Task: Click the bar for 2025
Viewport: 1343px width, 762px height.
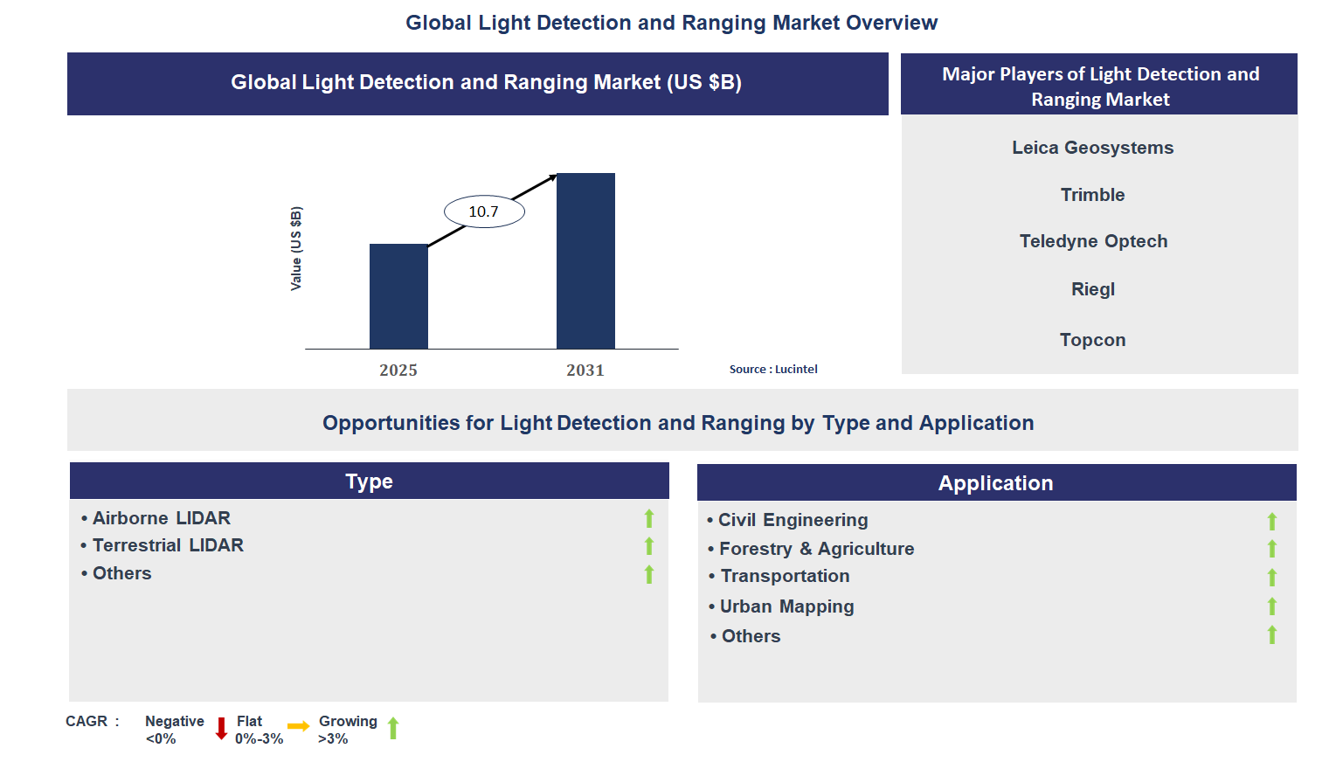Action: pyautogui.click(x=398, y=296)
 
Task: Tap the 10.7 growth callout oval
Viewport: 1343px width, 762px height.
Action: pyautogui.click(x=484, y=211)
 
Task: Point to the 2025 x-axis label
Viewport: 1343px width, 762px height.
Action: pyautogui.click(x=398, y=371)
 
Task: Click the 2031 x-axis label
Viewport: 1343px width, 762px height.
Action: pyautogui.click(x=585, y=371)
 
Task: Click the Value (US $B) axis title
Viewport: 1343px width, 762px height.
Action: pyautogui.click(x=296, y=249)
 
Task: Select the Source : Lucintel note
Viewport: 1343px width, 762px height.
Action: pyautogui.click(x=773, y=370)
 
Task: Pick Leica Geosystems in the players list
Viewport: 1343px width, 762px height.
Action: pyautogui.click(x=1092, y=148)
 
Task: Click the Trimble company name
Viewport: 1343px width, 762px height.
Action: pyautogui.click(x=1092, y=195)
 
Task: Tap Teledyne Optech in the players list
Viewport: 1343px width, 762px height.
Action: pyautogui.click(x=1093, y=241)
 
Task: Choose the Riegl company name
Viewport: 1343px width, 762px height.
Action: pyautogui.click(x=1093, y=289)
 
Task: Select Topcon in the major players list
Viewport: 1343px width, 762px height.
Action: pyautogui.click(x=1092, y=340)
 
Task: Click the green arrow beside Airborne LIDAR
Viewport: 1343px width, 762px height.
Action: pyautogui.click(x=649, y=518)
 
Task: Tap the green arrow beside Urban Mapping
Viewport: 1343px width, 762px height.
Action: pyautogui.click(x=1272, y=606)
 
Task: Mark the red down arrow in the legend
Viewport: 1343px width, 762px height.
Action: pyautogui.click(x=221, y=728)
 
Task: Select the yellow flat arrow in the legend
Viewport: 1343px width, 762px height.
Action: pyautogui.click(x=299, y=726)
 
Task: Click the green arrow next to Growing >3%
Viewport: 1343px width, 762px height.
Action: pyautogui.click(x=393, y=728)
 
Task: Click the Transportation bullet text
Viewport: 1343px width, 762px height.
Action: pyautogui.click(x=785, y=576)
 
